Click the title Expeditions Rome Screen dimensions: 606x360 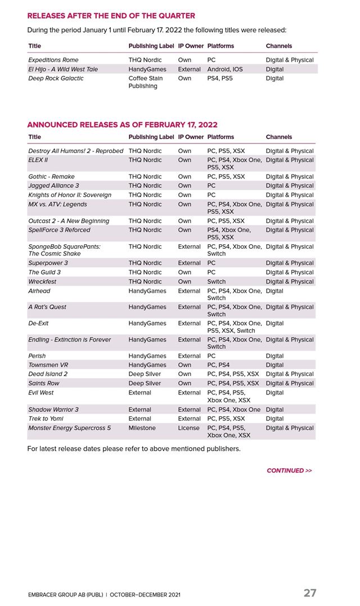point(53,60)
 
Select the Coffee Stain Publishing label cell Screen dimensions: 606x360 point(145,82)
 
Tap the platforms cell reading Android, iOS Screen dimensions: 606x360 point(225,69)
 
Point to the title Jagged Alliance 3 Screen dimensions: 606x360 point(53,186)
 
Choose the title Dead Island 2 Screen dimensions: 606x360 point(48,374)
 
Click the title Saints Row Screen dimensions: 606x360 point(44,383)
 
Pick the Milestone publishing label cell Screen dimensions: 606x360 point(142,428)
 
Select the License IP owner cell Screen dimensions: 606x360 point(188,428)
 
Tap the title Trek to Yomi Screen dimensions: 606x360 point(46,419)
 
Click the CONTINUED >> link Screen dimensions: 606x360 point(289,470)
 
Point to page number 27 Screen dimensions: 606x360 point(310,593)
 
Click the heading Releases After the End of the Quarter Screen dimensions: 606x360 point(111,16)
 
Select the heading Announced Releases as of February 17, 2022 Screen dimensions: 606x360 point(122,125)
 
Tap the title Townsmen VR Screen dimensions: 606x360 point(49,365)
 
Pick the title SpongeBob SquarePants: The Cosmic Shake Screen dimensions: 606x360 point(64,250)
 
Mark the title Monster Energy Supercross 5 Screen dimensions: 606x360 point(69,428)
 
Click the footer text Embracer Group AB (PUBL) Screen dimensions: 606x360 point(65,595)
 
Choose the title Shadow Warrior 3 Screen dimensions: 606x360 point(53,410)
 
